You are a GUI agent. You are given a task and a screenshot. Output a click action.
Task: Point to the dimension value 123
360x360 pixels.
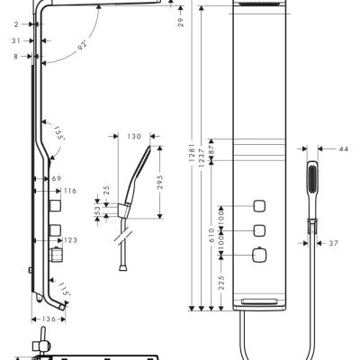70,239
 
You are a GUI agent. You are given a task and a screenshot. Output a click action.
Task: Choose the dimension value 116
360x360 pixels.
70,192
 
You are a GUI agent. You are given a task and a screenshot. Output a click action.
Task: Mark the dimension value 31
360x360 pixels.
17,41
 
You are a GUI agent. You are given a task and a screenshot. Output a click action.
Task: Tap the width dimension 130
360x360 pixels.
133,137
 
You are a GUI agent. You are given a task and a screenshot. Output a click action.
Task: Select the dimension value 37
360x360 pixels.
333,243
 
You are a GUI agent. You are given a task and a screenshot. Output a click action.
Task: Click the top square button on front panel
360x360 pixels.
259,202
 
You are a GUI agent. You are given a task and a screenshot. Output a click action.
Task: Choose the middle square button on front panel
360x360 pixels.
259,229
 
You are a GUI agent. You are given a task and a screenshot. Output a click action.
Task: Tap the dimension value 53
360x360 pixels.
98,211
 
